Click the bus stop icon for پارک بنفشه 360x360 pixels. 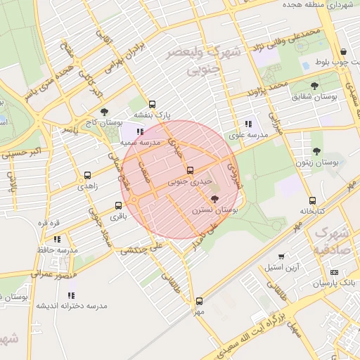pos(153,104)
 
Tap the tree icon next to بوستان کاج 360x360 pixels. pos(105,112)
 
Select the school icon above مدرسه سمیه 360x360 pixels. pos(140,131)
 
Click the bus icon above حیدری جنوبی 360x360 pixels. pos(189,170)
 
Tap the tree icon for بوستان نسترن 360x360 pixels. pos(215,200)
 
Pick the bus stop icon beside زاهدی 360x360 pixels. pos(87,176)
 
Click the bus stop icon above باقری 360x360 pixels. pos(117,206)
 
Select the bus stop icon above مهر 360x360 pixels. pos(199,301)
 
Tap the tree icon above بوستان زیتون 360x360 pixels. pos(316,150)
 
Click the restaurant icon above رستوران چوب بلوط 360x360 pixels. pos(342,52)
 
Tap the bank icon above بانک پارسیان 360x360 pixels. pos(334,272)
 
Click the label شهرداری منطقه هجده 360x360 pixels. pos(316,6)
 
